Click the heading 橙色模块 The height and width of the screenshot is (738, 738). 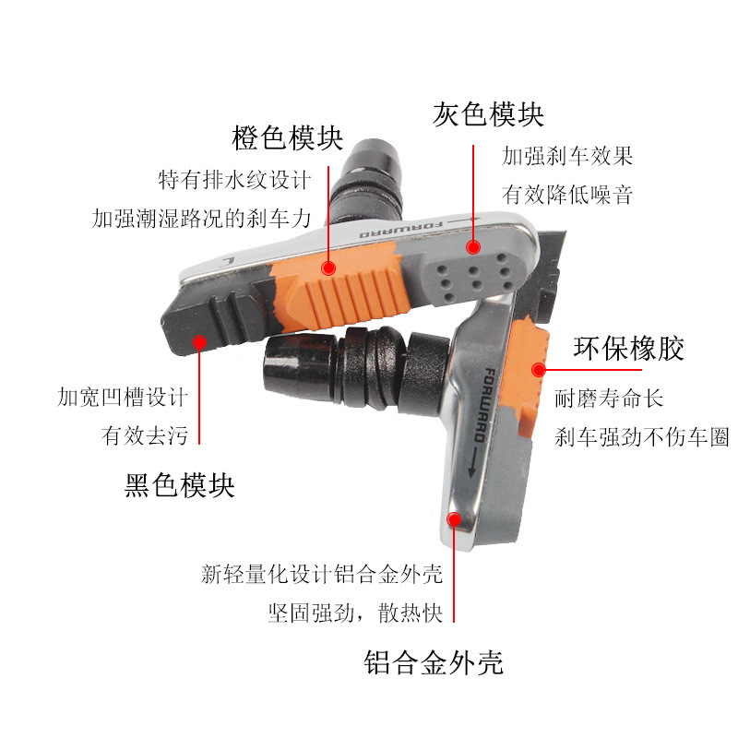tap(287, 137)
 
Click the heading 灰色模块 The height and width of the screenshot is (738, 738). tap(488, 114)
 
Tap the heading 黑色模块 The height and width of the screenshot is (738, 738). tap(179, 485)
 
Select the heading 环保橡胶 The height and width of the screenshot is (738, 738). tap(628, 349)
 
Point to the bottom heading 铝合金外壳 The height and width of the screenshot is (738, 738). tap(434, 662)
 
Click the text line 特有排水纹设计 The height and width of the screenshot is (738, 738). tap(234, 180)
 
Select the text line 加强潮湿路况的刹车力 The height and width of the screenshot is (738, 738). tap(201, 219)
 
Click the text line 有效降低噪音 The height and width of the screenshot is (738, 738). tap(567, 195)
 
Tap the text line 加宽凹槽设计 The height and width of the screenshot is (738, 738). tap(123, 397)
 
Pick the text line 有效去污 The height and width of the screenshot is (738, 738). tap(145, 435)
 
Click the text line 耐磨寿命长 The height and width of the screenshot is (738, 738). tap(609, 399)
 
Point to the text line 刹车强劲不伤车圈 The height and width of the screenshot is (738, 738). tap(641, 436)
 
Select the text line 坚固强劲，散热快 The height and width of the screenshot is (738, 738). tap(356, 613)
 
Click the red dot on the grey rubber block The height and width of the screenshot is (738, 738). tap(473, 247)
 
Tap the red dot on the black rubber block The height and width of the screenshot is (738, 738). tap(199, 341)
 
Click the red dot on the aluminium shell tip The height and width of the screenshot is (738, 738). tap(454, 519)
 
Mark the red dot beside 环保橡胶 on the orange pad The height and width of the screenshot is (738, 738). tap(539, 370)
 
